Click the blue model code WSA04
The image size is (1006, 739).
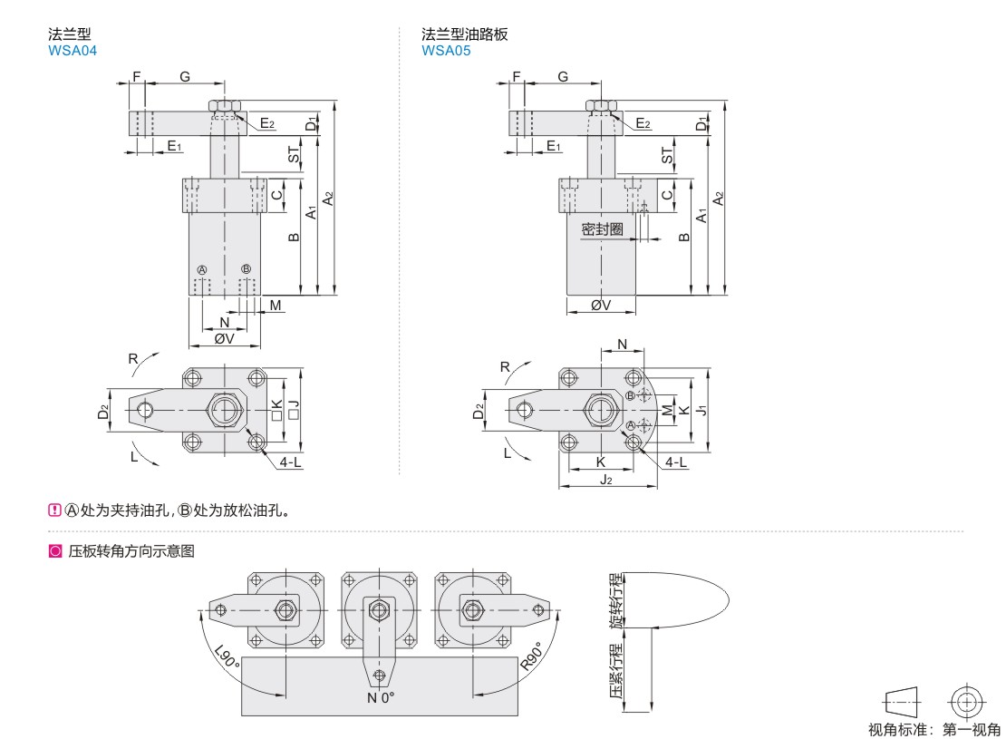tap(72, 51)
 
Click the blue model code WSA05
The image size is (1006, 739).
tap(446, 51)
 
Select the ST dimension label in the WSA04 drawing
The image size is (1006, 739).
tap(294, 155)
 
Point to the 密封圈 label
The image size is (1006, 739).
tap(602, 229)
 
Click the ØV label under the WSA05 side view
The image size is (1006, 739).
tap(600, 306)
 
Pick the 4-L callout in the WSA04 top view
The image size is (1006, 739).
tap(291, 462)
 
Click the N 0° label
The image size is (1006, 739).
tap(381, 697)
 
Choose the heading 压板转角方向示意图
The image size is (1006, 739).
tap(131, 550)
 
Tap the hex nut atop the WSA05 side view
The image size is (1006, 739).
tap(600, 106)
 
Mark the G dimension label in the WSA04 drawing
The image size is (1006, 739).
tap(184, 77)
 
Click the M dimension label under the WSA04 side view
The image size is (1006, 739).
tap(275, 305)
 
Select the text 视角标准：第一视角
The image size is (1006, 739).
tap(934, 730)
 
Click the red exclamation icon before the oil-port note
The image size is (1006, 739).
tap(53, 510)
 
